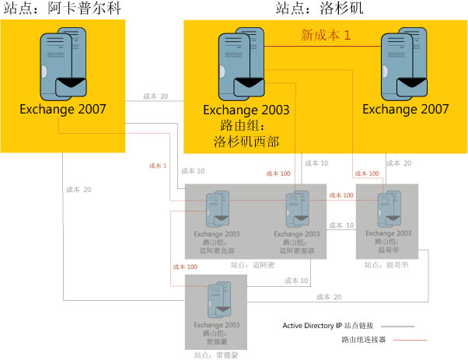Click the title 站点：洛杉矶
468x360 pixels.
[x=320, y=9]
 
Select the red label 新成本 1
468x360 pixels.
[x=327, y=35]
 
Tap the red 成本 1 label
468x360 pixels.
[x=159, y=166]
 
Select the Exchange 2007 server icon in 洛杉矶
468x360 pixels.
[x=406, y=65]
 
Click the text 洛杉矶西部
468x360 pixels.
[x=246, y=141]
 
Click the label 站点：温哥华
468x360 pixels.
[x=386, y=264]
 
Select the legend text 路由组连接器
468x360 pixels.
[x=363, y=340]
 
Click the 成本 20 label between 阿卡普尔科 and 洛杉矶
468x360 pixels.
[x=155, y=97]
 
